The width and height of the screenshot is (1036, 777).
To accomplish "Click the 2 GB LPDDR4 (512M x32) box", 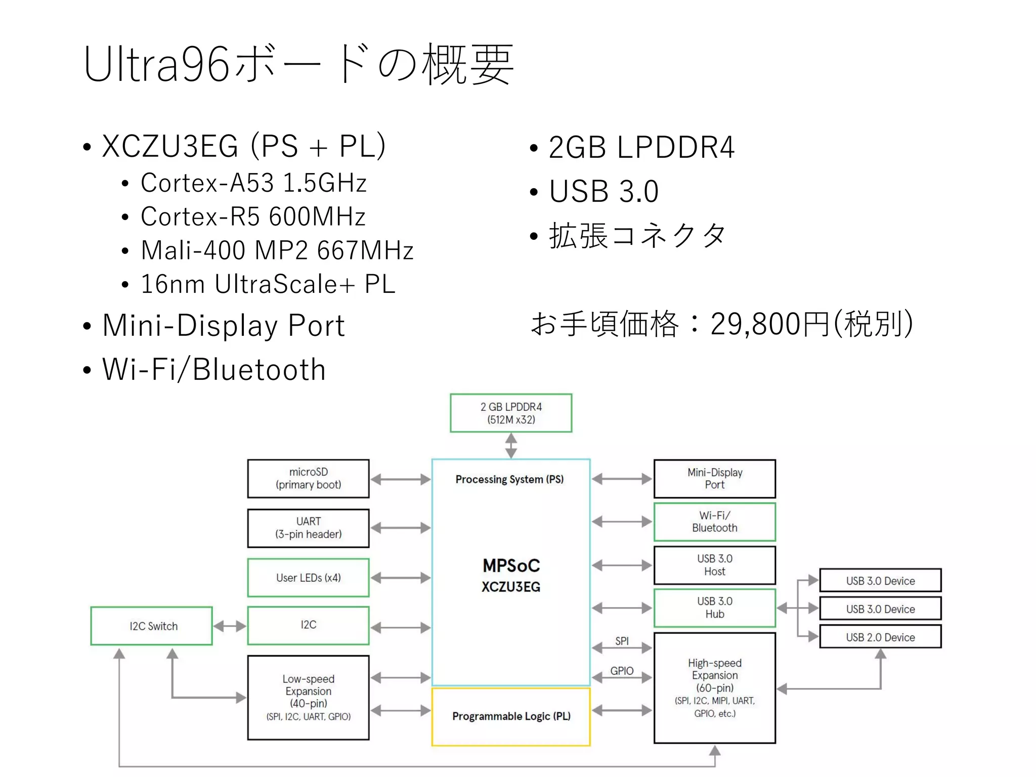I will [511, 413].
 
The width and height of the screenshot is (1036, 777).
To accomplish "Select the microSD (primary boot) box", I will [308, 479].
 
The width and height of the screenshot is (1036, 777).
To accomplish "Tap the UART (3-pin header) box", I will [308, 528].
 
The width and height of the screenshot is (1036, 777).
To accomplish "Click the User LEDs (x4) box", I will [308, 577].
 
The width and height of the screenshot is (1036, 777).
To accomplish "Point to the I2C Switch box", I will [151, 626].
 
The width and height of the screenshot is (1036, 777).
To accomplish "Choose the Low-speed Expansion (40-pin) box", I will [308, 697].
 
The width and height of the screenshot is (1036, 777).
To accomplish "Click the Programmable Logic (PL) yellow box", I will [511, 716].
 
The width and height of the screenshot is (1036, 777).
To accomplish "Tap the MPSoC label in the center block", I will [511, 566].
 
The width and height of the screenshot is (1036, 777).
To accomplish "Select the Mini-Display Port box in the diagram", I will [714, 479].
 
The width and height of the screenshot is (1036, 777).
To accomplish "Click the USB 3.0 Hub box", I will [714, 608].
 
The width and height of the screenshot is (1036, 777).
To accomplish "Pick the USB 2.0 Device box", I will [880, 637].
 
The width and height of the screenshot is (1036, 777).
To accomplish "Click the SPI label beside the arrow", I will [622, 641].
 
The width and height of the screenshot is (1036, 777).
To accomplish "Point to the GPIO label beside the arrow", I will [622, 671].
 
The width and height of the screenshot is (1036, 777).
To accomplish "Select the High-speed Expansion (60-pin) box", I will [714, 687].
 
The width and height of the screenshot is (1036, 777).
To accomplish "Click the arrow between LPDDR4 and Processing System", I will [511, 446].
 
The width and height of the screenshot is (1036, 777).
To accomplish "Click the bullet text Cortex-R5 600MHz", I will [253, 217].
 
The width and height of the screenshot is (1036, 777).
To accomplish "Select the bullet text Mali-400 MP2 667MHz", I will [277, 250].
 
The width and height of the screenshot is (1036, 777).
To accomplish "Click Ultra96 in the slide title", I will [157, 65].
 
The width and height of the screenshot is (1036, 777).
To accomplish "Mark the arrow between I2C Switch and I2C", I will [230, 626].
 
